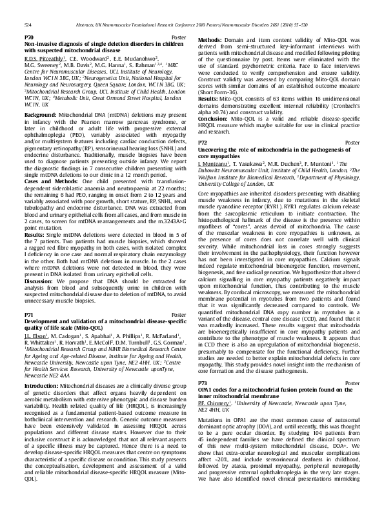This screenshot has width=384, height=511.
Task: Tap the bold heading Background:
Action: pyautogui.click(x=41, y=114)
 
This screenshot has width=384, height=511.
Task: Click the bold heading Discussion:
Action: pyautogui.click(x=41, y=264)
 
